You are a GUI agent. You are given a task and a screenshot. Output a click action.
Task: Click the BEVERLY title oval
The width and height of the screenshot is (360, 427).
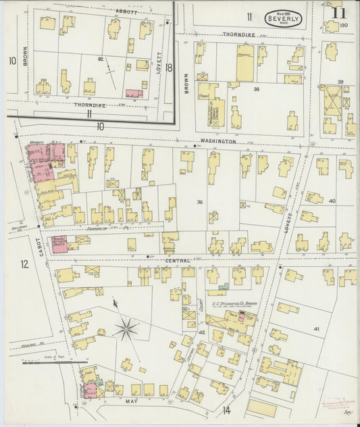point(284,18)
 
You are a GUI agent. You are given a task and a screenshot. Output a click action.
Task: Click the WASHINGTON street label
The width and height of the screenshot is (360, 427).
point(217,142)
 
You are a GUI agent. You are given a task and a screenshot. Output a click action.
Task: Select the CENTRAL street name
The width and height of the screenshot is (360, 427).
point(176,260)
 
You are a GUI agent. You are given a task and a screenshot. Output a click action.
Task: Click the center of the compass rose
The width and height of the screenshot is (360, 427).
point(126,330)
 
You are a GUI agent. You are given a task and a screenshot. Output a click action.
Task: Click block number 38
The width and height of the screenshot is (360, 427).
point(256,89)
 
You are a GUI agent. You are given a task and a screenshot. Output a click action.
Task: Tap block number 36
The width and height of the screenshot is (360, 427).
point(200,201)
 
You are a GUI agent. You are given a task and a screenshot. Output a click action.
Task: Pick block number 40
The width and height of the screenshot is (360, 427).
point(332,201)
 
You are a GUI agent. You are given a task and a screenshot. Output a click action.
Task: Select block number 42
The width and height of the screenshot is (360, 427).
point(201,332)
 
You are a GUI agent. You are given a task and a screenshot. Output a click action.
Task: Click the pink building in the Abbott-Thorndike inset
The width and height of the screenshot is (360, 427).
point(134,93)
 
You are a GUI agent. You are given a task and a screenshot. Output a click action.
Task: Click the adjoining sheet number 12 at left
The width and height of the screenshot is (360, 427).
point(24,263)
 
